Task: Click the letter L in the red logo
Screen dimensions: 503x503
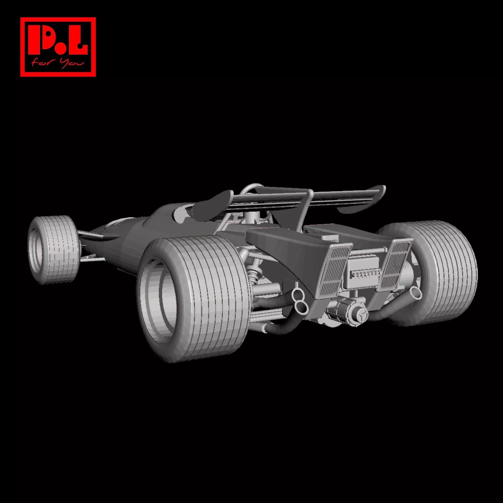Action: pos(78,42)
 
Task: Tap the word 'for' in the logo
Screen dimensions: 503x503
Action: pos(40,62)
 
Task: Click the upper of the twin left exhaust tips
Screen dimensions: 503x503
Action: pos(297,295)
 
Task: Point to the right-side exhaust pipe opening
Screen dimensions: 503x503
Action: pos(415,293)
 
